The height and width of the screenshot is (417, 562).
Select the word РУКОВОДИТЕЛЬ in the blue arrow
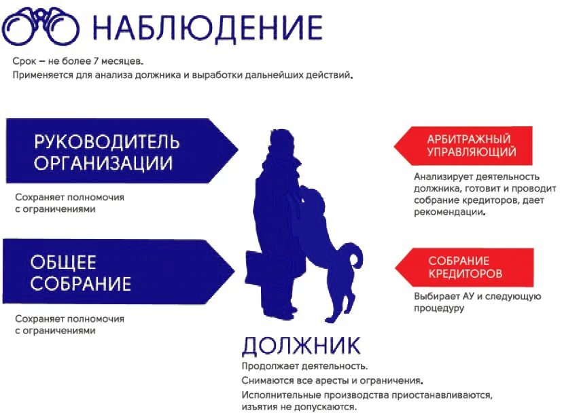107,142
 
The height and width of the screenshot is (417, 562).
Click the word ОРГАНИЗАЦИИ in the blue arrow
103,164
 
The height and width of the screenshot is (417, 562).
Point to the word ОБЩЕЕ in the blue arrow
63,262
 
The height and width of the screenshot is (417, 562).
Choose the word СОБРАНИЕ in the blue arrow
80,283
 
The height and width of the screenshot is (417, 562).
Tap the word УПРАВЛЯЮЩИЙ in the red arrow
472,152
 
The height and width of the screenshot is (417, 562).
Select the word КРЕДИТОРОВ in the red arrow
466,274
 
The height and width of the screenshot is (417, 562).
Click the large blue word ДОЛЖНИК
301,346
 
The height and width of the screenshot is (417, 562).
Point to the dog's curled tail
353,257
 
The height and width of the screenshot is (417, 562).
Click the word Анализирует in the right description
442,177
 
